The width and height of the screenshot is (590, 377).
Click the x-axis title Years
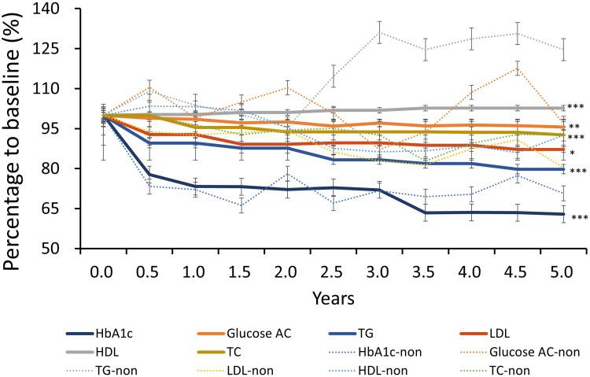point(331,300)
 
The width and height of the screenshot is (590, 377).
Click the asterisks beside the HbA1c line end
point(579,218)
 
